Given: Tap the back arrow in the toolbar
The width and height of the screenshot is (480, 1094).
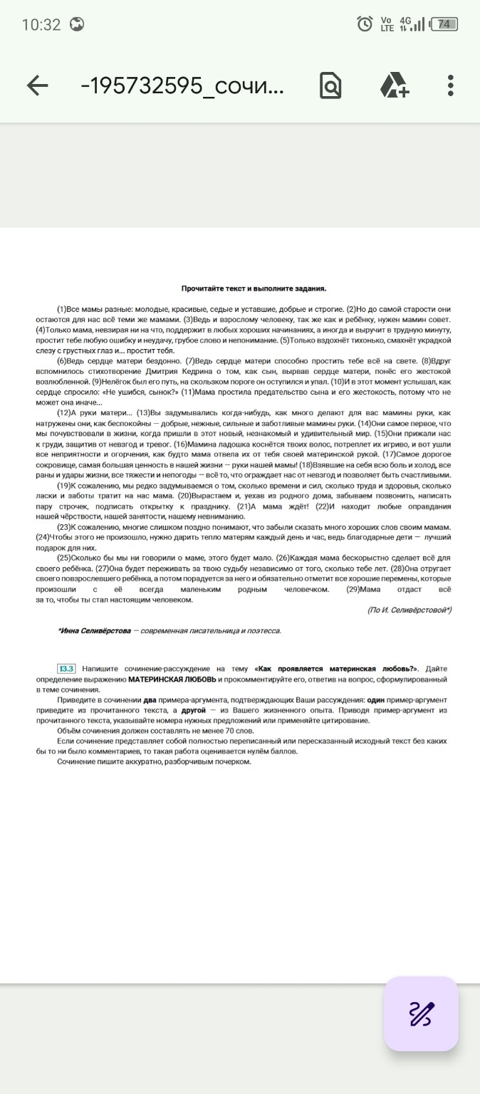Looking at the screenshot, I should click(x=37, y=86).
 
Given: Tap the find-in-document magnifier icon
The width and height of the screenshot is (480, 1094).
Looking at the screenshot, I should click(x=330, y=86).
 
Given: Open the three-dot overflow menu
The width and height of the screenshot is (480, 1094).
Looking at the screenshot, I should click(x=451, y=86).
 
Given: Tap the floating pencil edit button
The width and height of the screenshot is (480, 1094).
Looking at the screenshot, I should click(x=421, y=1014).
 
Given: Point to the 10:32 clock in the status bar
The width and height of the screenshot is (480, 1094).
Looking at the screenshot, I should click(x=41, y=24).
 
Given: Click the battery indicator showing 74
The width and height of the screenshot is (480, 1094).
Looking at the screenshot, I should click(x=444, y=24).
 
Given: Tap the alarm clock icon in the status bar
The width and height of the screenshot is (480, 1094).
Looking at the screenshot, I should click(x=365, y=24).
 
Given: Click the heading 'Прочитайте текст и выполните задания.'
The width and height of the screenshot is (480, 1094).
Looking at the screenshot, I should click(x=254, y=289).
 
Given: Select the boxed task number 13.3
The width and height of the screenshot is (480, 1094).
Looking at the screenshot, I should click(x=66, y=669).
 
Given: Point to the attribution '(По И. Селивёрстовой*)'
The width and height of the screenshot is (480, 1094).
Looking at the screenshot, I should click(x=409, y=610).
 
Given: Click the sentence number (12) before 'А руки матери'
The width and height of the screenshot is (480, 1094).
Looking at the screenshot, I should click(x=63, y=413).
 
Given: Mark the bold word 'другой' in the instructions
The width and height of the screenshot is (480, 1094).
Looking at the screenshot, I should click(x=193, y=711).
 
